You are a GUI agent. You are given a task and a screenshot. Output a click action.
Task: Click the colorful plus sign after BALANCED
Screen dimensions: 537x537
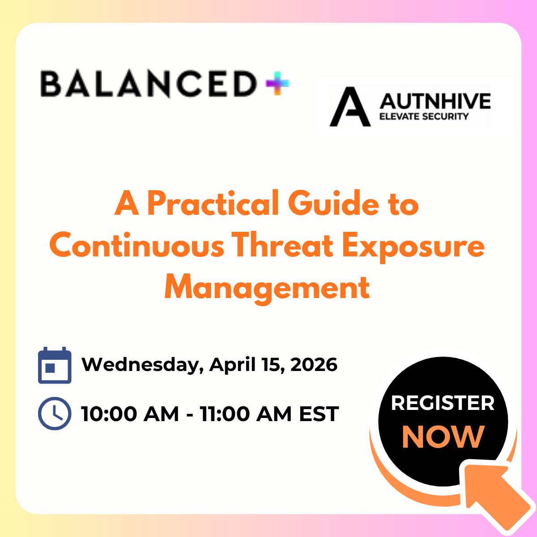[x=277, y=84]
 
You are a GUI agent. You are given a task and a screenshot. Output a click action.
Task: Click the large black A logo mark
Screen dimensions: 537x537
[x=350, y=107]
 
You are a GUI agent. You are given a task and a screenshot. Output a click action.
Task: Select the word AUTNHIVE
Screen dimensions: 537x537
[x=435, y=101]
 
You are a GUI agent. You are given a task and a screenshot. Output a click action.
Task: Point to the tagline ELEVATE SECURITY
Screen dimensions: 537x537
[x=423, y=117]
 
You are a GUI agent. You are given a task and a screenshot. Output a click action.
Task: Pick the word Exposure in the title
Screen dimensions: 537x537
[x=413, y=246]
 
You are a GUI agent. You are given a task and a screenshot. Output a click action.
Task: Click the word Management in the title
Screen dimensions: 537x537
[x=267, y=288]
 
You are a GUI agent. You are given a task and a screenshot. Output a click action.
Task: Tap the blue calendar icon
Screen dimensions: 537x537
[x=55, y=365]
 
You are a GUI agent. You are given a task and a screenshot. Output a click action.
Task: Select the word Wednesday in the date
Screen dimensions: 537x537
[x=139, y=365]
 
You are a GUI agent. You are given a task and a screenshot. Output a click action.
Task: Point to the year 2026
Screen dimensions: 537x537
[x=314, y=365]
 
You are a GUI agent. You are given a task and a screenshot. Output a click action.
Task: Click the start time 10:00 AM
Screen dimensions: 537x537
[x=130, y=413]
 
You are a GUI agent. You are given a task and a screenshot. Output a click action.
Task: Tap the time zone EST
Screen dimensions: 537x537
[x=319, y=413]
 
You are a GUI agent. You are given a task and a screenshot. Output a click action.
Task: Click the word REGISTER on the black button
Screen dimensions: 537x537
[x=443, y=403]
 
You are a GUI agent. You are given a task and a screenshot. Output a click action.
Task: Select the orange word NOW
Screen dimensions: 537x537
[x=443, y=437]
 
